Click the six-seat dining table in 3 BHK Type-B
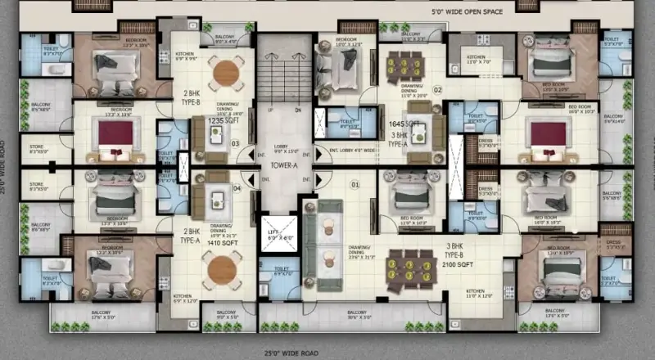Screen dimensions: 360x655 (x=407, y=264)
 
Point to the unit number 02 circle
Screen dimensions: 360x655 (x=437, y=90)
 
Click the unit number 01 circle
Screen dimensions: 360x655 (x=355, y=185)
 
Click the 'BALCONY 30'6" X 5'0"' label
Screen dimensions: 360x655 (x=356, y=314)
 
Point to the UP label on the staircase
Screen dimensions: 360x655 (x=269, y=109)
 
